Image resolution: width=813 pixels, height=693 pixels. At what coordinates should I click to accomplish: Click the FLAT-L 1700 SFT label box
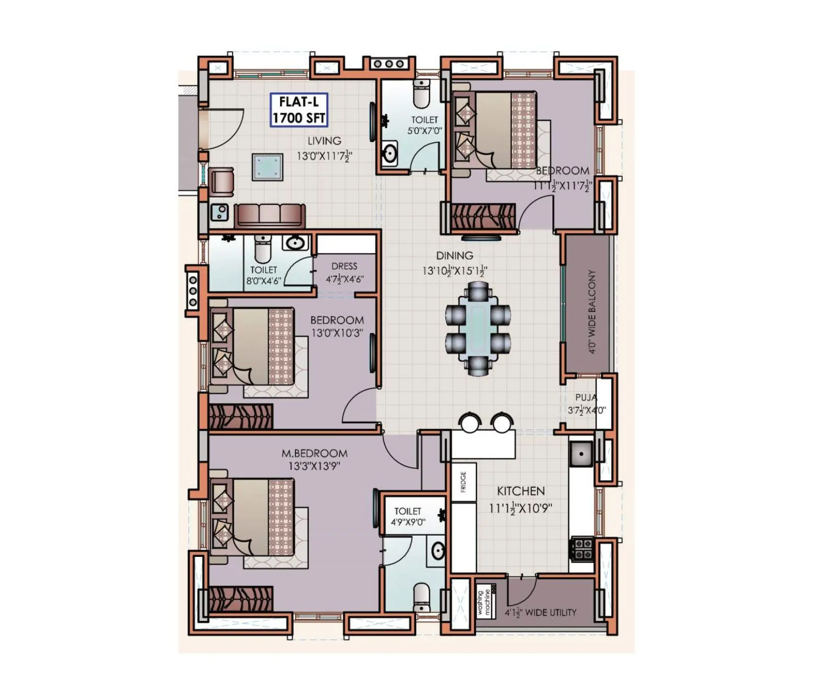(x=298, y=110)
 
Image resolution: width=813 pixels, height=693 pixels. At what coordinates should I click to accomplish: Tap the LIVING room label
(x=324, y=141)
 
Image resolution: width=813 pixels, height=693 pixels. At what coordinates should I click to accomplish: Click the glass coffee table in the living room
(x=267, y=166)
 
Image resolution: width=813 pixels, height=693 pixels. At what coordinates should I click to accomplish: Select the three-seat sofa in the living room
(x=270, y=215)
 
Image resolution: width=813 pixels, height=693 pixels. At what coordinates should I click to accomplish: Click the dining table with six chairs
(x=478, y=328)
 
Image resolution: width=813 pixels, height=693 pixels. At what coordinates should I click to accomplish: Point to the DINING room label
(x=454, y=255)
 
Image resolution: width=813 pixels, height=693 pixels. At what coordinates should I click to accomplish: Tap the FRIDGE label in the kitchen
(x=463, y=482)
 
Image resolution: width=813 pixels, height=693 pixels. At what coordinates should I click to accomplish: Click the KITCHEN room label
(x=520, y=491)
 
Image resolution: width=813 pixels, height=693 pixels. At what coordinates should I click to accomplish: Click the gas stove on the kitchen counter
(x=582, y=548)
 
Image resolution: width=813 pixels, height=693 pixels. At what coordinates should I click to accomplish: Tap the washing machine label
(x=484, y=602)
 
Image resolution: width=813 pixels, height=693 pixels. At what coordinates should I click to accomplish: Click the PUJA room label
(x=586, y=398)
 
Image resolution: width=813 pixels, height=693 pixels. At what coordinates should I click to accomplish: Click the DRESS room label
(x=344, y=266)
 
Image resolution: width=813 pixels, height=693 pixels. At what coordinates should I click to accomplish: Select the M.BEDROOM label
(x=315, y=453)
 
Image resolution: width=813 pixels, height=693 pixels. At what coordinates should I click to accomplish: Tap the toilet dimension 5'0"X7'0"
(x=424, y=130)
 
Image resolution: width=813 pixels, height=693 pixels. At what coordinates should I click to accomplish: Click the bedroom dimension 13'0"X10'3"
(x=337, y=333)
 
